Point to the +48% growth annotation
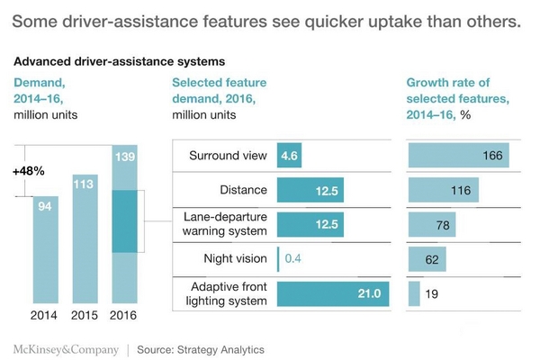pyautogui.click(x=29, y=170)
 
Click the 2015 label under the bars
pyautogui.click(x=85, y=315)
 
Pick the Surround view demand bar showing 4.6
pyautogui.click(x=289, y=156)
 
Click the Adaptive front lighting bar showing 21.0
pyautogui.click(x=334, y=293)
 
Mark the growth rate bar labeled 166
pyautogui.click(x=458, y=156)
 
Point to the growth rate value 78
pyautogui.click(x=442, y=226)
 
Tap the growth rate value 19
pyautogui.click(x=431, y=293)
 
